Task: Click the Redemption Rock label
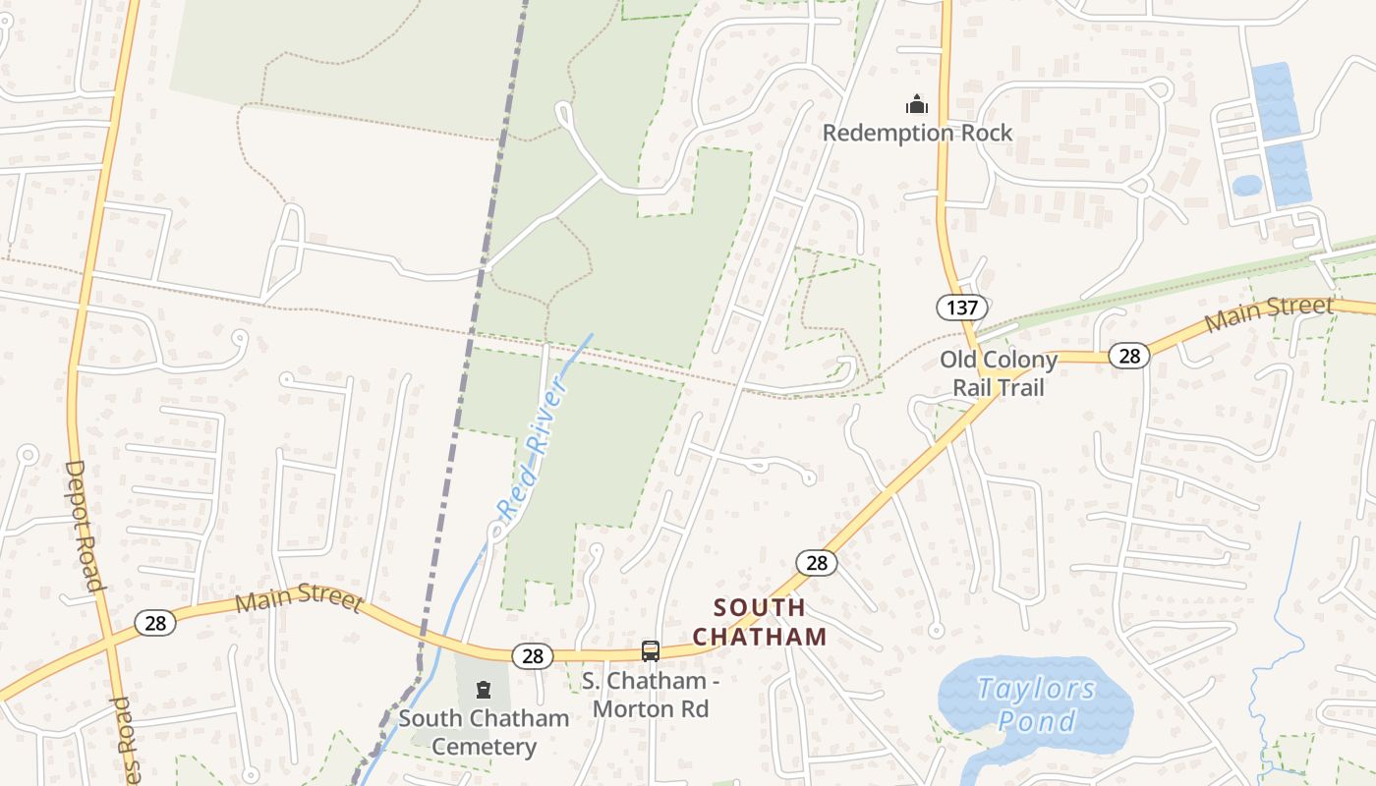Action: pyautogui.click(x=917, y=133)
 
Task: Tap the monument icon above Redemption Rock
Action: pyautogui.click(x=917, y=103)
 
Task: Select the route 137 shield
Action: pyautogui.click(x=961, y=308)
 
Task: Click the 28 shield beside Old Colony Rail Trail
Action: pyautogui.click(x=1129, y=356)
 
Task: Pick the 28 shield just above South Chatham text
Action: pyautogui.click(x=817, y=563)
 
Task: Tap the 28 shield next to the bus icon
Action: pyautogui.click(x=533, y=656)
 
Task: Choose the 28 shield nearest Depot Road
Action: pyautogui.click(x=155, y=623)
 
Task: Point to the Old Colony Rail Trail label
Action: pyautogui.click(x=999, y=373)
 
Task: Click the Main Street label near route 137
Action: pyautogui.click(x=1268, y=312)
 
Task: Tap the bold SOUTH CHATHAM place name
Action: pyautogui.click(x=760, y=622)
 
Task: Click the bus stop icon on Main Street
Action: pyautogui.click(x=650, y=650)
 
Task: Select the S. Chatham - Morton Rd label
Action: pyautogui.click(x=645, y=694)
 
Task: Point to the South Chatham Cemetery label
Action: pyautogui.click(x=484, y=732)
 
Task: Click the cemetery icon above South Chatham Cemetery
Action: pyautogui.click(x=483, y=690)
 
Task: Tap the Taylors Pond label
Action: pyautogui.click(x=1036, y=704)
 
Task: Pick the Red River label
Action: pyautogui.click(x=533, y=451)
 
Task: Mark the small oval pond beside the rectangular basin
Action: pyautogui.click(x=1246, y=186)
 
